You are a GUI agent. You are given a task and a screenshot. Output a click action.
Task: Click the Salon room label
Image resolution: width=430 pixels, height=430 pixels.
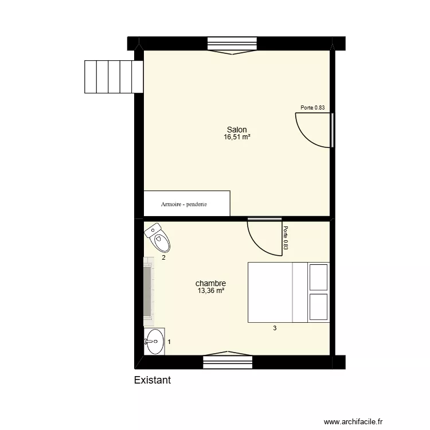tap(237, 130)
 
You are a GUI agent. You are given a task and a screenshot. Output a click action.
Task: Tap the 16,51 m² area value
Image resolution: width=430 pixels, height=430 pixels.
tap(237, 137)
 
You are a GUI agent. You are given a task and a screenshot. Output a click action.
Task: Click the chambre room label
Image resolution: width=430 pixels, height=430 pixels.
tap(210, 283)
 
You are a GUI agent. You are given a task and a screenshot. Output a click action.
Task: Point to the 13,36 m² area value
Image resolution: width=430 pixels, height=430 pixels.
tap(210, 291)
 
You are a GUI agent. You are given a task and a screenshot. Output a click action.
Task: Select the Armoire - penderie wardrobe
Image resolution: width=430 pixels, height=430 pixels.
tap(187, 204)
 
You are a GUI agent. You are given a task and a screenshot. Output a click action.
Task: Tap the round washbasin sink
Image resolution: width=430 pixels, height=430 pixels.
tap(154, 342)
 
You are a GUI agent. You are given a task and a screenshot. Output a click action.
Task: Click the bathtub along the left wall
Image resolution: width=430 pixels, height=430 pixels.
tap(148, 291)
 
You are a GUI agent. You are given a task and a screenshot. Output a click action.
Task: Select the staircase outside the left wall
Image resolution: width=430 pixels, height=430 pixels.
tap(113, 76)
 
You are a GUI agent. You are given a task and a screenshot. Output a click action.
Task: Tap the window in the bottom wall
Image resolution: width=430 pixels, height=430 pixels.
tap(227, 362)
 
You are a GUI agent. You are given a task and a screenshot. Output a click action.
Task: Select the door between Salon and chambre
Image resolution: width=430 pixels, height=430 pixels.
tap(264, 236)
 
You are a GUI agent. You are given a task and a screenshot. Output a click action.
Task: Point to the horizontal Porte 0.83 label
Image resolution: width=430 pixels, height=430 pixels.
tap(313, 108)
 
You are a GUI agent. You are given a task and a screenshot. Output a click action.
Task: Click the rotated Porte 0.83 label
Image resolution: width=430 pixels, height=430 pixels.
tap(286, 239)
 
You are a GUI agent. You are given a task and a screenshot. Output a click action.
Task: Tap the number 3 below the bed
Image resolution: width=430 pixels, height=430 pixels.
tap(275, 329)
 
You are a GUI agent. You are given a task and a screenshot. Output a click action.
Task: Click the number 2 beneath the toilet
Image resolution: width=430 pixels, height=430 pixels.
tap(163, 258)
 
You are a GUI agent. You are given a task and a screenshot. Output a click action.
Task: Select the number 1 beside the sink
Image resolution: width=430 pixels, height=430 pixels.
tap(169, 342)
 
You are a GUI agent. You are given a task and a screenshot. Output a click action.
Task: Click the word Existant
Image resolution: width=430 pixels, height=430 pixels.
tap(152, 380)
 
